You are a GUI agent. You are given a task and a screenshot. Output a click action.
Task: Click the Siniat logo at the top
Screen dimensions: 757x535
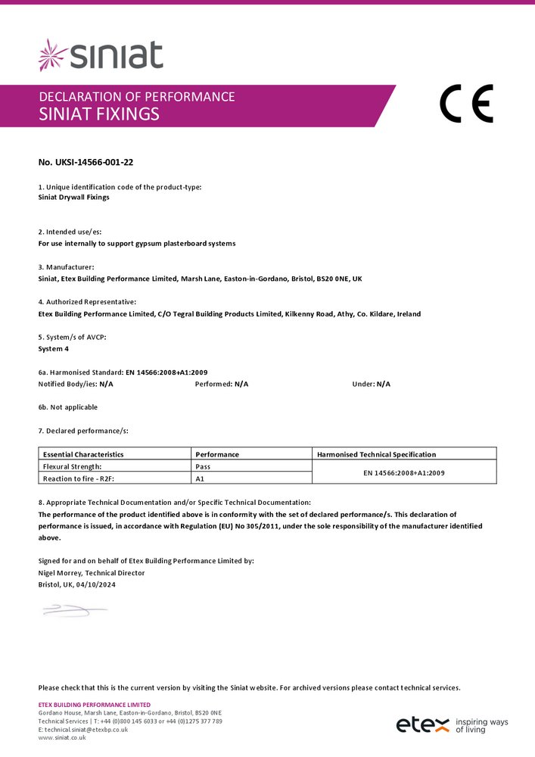pos(101,55)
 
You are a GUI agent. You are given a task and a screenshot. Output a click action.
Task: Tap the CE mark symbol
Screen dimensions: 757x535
pos(465,104)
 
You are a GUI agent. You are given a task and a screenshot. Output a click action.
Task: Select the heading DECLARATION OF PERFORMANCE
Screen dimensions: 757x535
pos(136,97)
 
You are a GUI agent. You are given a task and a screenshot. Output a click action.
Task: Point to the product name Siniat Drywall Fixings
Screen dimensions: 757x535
pos(73,198)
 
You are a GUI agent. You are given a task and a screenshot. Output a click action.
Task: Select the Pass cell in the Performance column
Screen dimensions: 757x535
pos(203,467)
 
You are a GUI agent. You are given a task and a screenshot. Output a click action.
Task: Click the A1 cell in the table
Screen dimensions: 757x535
pos(200,479)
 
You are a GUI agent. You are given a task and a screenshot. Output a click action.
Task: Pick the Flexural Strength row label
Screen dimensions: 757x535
pos(72,467)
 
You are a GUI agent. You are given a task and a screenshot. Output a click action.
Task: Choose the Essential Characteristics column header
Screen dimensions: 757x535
pos(83,454)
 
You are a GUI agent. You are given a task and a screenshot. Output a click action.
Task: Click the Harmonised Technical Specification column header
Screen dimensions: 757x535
pos(376,454)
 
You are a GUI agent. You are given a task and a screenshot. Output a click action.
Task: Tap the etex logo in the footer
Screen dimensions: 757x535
pos(422,724)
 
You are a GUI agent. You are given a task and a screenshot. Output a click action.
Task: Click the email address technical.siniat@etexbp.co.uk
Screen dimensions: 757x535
pos(86,729)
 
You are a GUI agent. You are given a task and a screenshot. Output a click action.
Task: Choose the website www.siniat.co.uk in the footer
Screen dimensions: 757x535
pos(62,737)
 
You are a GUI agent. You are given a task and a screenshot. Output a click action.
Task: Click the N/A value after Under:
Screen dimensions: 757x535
pos(383,384)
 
